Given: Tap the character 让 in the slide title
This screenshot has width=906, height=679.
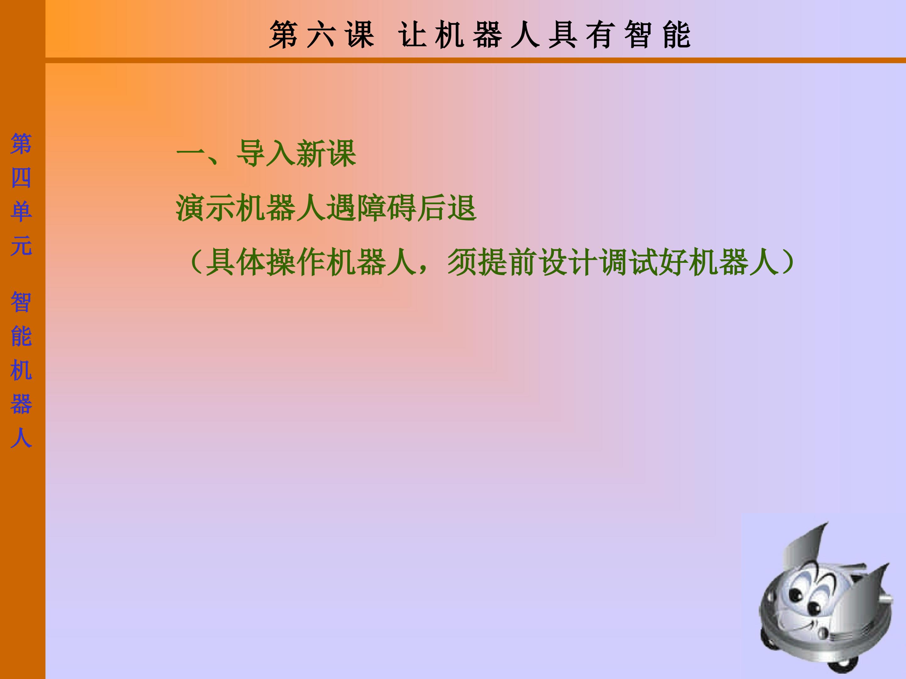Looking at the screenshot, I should pos(412,35).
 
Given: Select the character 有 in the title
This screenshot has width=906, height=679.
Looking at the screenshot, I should pos(601,35).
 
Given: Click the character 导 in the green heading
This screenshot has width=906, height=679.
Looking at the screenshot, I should pos(251,153).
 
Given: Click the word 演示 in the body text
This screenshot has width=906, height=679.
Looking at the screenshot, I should pos(206,208).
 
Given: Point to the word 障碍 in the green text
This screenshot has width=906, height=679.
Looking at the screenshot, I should pos(387,208).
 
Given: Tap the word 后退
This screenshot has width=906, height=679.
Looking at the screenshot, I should pos(446,208).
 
